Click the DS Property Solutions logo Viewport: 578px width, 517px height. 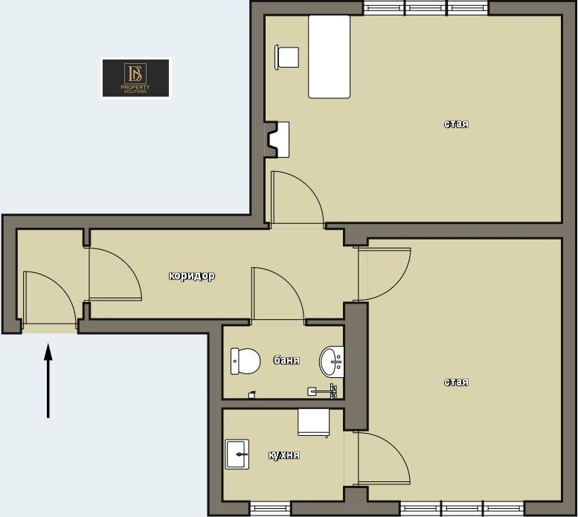pos(135,78)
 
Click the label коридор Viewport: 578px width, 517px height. pos(192,276)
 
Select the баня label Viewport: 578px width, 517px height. pos(286,360)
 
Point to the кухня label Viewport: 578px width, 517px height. pos(284,455)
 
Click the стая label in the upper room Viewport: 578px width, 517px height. pos(456,123)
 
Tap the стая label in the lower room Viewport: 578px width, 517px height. pos(456,382)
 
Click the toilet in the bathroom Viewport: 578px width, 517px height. pos(245,361)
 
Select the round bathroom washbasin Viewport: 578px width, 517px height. pos(331,362)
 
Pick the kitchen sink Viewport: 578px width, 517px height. pos(237,454)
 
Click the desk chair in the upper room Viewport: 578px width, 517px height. pos(287,57)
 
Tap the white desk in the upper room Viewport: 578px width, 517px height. pos(330,57)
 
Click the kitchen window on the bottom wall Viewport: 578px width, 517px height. pos(271,509)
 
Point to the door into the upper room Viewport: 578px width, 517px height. pos(297,198)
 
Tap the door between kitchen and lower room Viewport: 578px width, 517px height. pos(383,458)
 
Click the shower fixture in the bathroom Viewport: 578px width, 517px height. pos(323,391)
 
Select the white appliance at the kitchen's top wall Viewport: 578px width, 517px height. pos(314,423)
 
